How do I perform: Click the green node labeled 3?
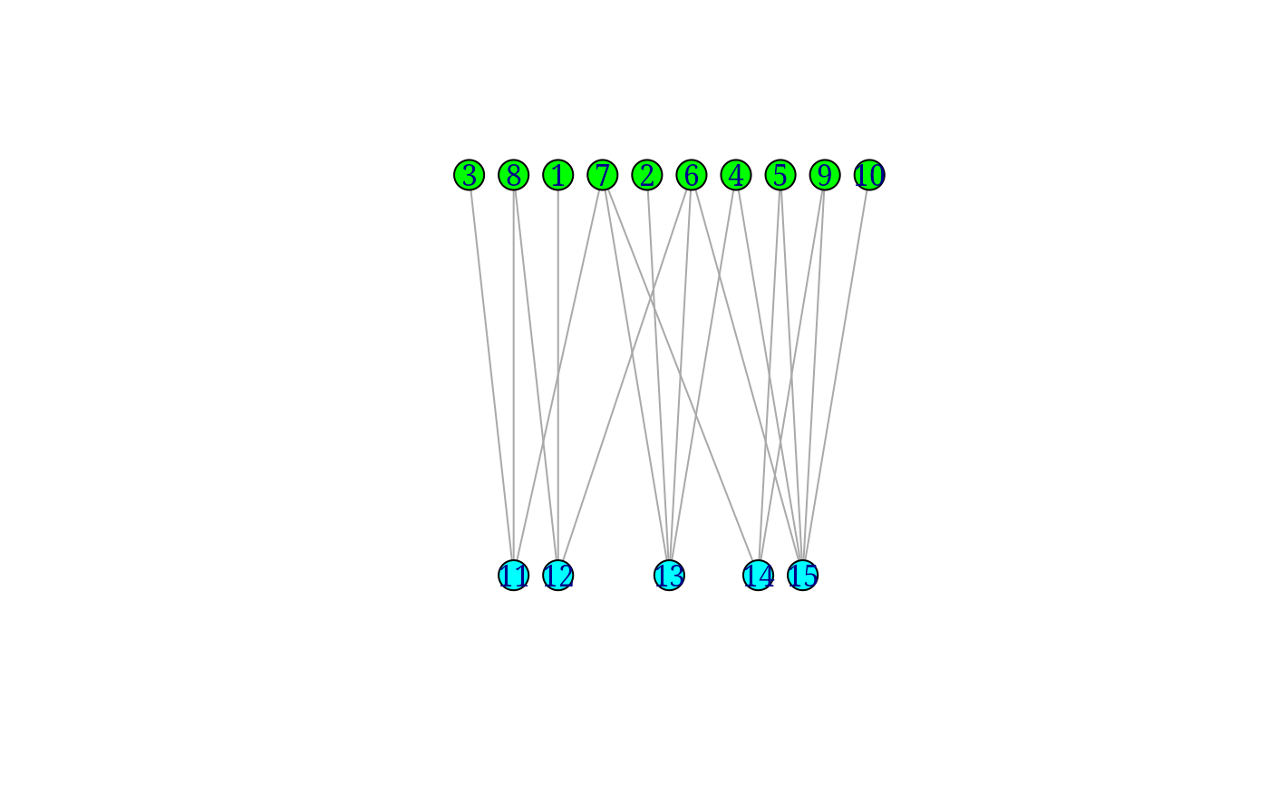click(470, 175)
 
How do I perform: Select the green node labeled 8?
click(513, 175)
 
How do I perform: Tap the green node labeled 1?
click(558, 175)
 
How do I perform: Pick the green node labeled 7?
click(602, 175)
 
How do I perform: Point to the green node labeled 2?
click(647, 175)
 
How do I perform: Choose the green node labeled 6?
click(691, 175)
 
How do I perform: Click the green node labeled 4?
click(736, 175)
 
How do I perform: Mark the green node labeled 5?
click(780, 175)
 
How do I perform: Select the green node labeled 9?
click(825, 175)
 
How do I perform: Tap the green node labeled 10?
click(869, 175)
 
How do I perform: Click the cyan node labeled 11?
click(513, 575)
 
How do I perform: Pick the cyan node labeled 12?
click(558, 575)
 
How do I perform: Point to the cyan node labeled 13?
click(669, 575)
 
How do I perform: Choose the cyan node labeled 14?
click(758, 575)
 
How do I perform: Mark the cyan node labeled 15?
click(803, 575)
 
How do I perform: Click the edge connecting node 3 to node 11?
click(491, 375)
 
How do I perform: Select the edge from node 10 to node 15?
click(836, 375)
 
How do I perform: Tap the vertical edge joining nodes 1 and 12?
click(558, 375)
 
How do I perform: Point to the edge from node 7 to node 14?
click(681, 375)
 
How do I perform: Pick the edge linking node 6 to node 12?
click(625, 375)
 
